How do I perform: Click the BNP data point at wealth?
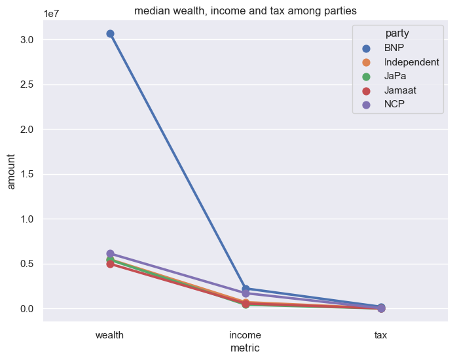point(110,33)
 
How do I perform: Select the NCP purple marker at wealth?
point(110,253)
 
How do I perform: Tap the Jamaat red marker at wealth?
point(110,264)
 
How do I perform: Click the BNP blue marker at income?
point(246,289)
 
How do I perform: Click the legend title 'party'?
point(397,33)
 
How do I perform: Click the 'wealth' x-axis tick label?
point(110,335)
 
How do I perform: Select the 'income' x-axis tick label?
point(246,335)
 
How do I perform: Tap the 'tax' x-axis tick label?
point(380,335)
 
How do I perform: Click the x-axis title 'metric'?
point(246,348)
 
